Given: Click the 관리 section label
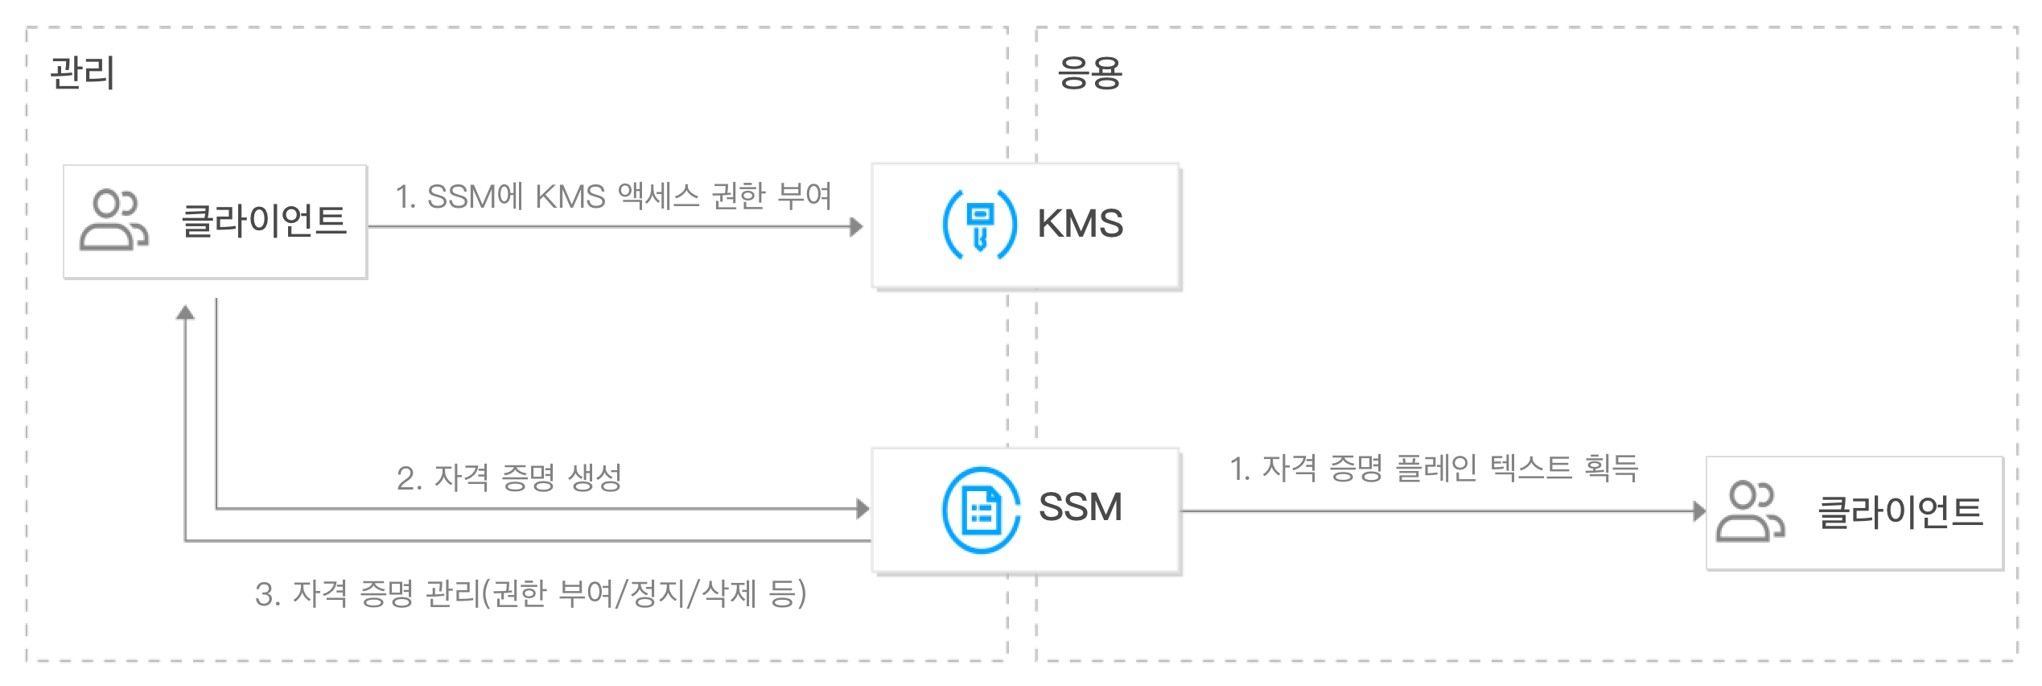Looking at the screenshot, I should (82, 73).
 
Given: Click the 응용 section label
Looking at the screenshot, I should (1089, 73).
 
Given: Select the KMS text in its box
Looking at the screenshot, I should (1080, 224).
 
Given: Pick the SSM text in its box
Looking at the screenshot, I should (1080, 508).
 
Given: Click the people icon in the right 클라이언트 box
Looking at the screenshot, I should (1751, 512).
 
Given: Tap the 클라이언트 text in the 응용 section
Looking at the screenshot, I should (1900, 512).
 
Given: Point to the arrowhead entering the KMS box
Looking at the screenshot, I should (857, 227).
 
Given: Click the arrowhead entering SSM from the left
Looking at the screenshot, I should (863, 508).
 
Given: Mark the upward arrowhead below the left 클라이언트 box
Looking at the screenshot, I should (186, 312).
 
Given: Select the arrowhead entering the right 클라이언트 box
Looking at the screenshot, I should (1699, 510).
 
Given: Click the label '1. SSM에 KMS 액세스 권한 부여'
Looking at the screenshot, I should (613, 196).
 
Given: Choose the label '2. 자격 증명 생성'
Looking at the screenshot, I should (509, 478).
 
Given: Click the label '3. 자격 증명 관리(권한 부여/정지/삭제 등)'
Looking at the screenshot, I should (530, 594).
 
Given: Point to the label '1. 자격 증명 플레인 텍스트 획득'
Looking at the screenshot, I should (1434, 468).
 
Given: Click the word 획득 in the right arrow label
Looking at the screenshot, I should (1611, 468).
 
